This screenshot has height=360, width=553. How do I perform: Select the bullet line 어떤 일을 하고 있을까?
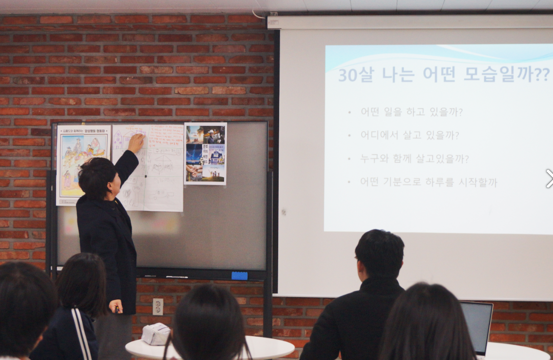pyautogui.click(x=411, y=112)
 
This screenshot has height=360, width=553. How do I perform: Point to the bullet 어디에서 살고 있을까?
pyautogui.click(x=410, y=135)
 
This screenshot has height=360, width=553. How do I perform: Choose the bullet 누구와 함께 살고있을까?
pyautogui.click(x=414, y=159)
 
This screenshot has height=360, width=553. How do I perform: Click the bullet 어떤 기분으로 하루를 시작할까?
pyautogui.click(x=428, y=182)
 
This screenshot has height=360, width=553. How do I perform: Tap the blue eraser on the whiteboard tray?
pyautogui.click(x=239, y=276)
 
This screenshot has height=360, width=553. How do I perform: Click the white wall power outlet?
pyautogui.click(x=158, y=306)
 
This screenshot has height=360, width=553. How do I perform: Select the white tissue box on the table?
pyautogui.click(x=156, y=334)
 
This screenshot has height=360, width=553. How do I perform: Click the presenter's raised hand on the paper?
pyautogui.click(x=136, y=143)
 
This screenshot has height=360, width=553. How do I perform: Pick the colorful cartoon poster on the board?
pyautogui.click(x=83, y=164)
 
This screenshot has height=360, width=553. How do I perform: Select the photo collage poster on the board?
pyautogui.click(x=205, y=153)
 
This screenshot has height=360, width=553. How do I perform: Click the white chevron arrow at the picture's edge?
pyautogui.click(x=549, y=179)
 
